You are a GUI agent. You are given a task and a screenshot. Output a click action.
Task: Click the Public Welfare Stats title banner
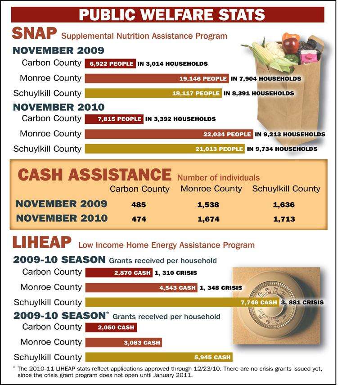pyautogui.click(x=167, y=14)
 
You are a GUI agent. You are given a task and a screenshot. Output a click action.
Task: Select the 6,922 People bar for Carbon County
pyautogui.click(x=110, y=63)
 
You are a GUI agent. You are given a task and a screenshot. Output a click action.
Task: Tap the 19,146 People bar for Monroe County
pyautogui.click(x=157, y=78)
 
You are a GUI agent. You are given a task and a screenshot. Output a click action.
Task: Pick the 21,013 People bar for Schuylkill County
pyautogui.click(x=165, y=149)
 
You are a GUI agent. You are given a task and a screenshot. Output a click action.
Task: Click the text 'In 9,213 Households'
pyautogui.click(x=290, y=134)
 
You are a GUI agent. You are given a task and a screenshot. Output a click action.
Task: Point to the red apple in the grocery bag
pyautogui.click(x=291, y=45)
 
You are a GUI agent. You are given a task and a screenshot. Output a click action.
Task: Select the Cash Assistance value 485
pyautogui.click(x=139, y=204)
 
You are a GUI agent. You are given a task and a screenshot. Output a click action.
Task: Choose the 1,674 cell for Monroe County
pyautogui.click(x=209, y=219)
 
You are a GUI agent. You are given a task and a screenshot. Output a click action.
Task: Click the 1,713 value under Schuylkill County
pyautogui.click(x=284, y=219)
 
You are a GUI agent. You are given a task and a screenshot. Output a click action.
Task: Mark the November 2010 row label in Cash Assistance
pyautogui.click(x=62, y=218)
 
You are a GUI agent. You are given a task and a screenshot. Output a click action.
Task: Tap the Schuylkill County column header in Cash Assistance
pyautogui.click(x=286, y=189)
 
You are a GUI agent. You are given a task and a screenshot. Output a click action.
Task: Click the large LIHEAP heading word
pyautogui.click(x=42, y=242)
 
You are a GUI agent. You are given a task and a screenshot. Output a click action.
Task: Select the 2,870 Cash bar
pyautogui.click(x=119, y=272)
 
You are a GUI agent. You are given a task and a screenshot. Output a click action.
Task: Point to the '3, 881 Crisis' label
pyautogui.click(x=302, y=302)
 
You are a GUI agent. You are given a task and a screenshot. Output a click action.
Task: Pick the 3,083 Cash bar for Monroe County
pyautogui.click(x=123, y=343)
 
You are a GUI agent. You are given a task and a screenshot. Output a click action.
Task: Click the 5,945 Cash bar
pyautogui.click(x=159, y=357)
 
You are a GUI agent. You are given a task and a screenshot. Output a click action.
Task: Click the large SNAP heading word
pyautogui.click(x=34, y=33)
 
